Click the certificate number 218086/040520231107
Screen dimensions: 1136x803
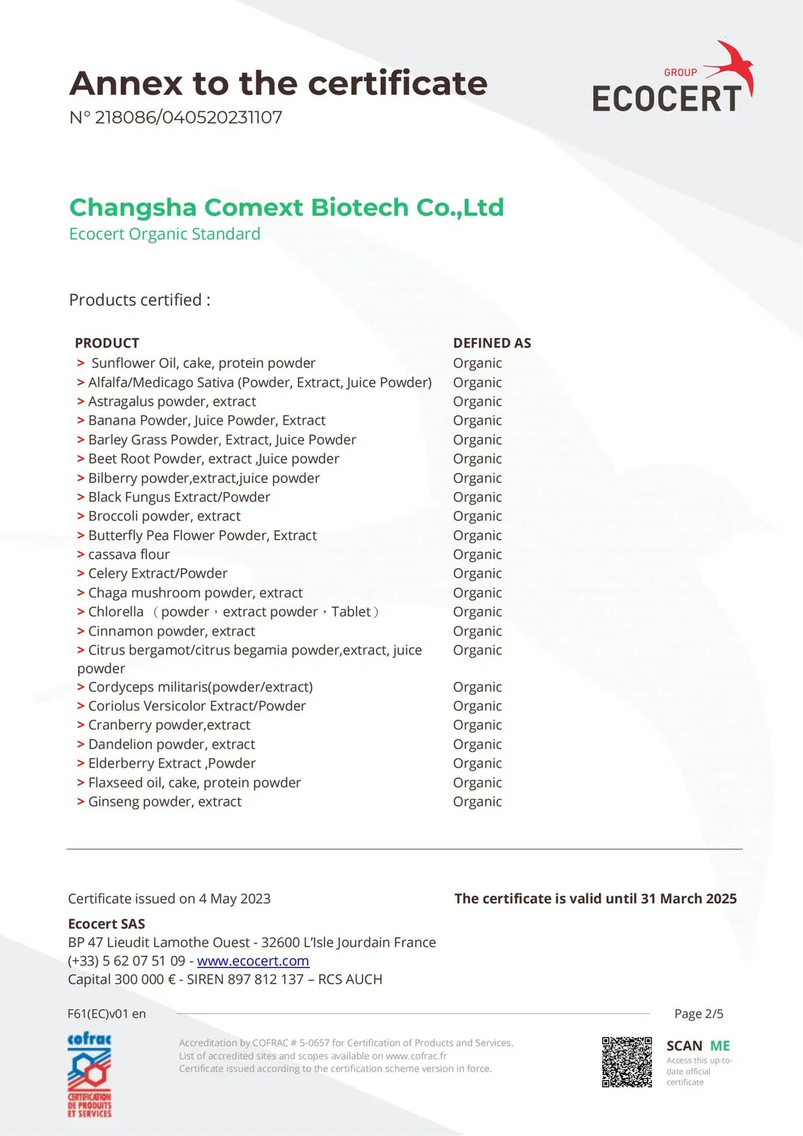(188, 118)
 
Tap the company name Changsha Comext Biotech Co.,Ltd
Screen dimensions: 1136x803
(286, 207)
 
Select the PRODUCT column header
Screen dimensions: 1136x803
(107, 343)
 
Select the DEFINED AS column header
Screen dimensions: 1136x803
(492, 343)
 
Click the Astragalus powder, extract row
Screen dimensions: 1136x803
(172, 401)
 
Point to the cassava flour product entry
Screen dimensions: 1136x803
(129, 554)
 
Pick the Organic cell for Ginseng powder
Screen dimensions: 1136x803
(477, 802)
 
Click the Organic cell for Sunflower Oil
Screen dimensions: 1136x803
(477, 363)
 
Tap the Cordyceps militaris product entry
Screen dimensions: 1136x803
(200, 687)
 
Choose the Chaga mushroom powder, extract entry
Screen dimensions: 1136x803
(195, 592)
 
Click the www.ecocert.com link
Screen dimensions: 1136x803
(253, 961)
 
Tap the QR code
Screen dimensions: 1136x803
(626, 1062)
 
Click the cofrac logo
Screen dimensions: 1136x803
(89, 1075)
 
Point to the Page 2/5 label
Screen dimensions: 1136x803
(698, 1014)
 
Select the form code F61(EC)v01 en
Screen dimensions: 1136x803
(107, 1014)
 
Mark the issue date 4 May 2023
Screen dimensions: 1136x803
(234, 899)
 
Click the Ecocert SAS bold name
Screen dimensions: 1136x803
(106, 924)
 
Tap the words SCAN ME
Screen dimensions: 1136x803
(698, 1046)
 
